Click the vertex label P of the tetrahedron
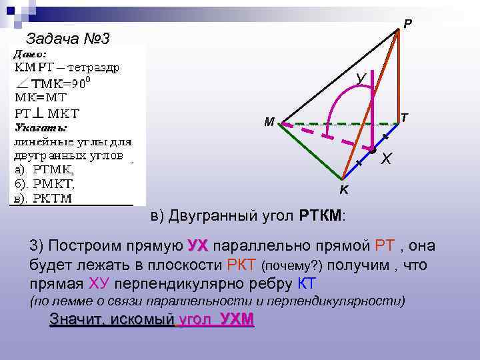pyautogui.click(x=408, y=25)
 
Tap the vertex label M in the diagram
pyautogui.click(x=269, y=122)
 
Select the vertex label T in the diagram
pyautogui.click(x=404, y=117)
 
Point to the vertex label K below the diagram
pyautogui.click(x=343, y=191)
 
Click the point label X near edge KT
pyautogui.click(x=387, y=160)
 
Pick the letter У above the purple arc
pyautogui.click(x=360, y=79)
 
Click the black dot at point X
pyautogui.click(x=373, y=151)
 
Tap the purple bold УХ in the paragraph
pyautogui.click(x=199, y=245)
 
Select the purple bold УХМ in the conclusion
pyautogui.click(x=237, y=319)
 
